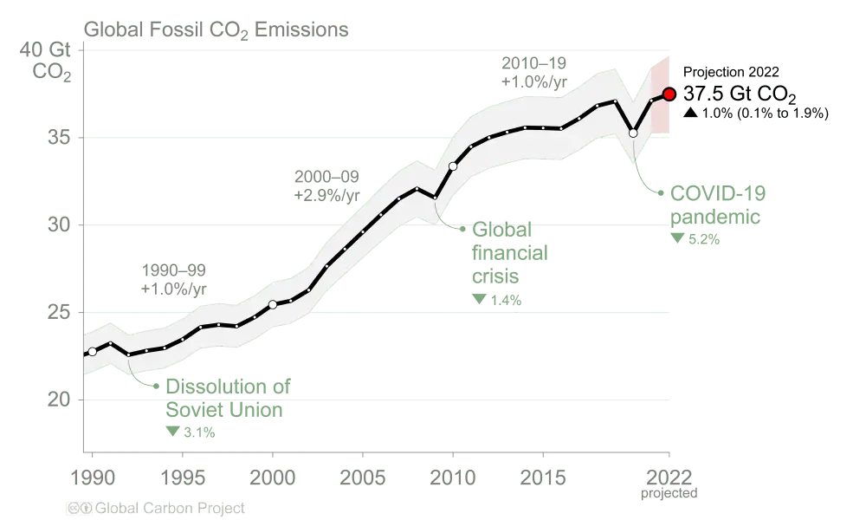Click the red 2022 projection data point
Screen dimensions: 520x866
point(668,94)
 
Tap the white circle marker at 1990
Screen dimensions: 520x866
point(93,352)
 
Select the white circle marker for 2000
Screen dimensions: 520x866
point(273,304)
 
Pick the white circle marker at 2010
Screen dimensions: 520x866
point(453,166)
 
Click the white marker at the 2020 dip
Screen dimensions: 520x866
point(633,133)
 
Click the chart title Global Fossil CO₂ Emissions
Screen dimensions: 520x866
point(217,30)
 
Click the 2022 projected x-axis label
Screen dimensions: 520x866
point(665,480)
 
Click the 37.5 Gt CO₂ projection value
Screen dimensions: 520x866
point(739,94)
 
